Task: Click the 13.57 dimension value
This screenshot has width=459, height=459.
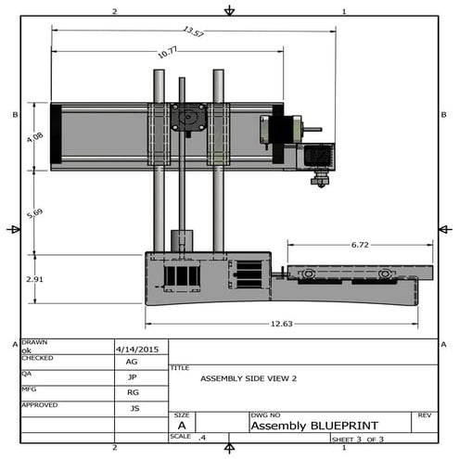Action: (x=193, y=32)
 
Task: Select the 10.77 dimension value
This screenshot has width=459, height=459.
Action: (x=167, y=54)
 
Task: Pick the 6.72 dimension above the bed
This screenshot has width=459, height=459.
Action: (x=360, y=246)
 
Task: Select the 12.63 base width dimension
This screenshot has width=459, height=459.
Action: (x=280, y=324)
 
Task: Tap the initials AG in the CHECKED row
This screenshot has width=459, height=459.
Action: (x=133, y=362)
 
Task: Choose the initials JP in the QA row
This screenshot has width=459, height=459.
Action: (x=133, y=377)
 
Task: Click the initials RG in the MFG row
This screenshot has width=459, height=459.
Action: (x=133, y=392)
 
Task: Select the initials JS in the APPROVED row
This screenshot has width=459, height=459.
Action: (x=134, y=408)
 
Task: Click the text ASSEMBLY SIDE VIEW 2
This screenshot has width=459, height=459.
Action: (x=249, y=378)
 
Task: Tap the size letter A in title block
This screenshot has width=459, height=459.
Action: (x=182, y=426)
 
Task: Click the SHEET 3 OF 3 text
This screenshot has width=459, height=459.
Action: (x=357, y=439)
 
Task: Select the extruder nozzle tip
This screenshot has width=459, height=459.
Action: (x=319, y=182)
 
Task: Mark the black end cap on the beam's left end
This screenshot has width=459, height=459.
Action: (x=56, y=136)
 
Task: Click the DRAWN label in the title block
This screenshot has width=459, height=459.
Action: (x=34, y=342)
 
